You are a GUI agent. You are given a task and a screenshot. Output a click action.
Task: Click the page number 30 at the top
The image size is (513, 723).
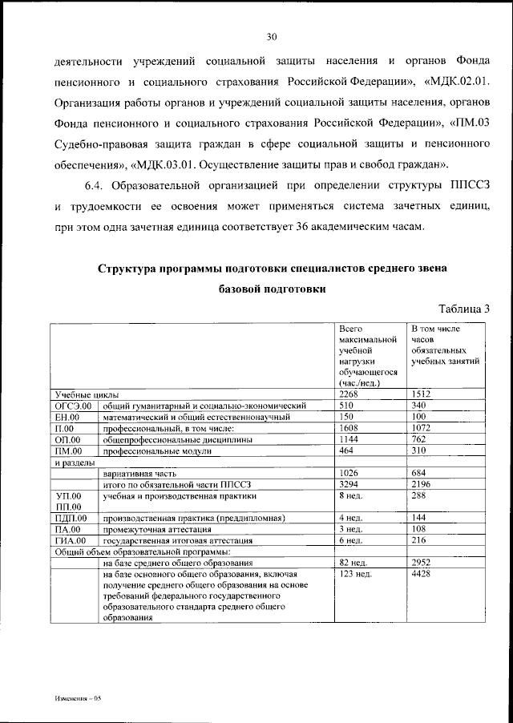click(x=272, y=36)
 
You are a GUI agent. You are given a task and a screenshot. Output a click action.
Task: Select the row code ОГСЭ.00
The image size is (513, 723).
click(x=75, y=406)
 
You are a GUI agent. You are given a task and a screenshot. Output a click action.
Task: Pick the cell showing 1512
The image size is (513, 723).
click(x=422, y=395)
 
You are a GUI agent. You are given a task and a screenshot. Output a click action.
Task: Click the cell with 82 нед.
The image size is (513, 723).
click(x=353, y=563)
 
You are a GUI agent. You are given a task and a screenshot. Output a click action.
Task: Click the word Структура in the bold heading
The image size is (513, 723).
click(x=130, y=268)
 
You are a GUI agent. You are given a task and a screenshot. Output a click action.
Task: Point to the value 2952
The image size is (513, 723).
click(x=422, y=563)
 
